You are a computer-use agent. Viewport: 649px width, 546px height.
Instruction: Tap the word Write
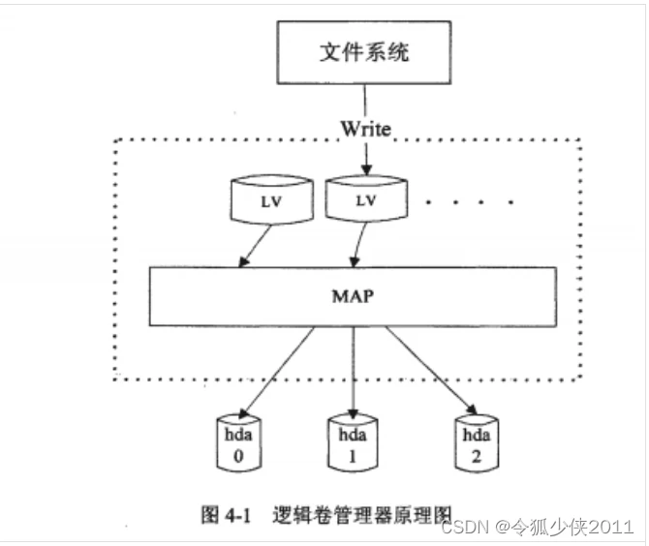tap(364, 128)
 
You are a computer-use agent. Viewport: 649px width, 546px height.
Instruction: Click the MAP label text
tap(353, 296)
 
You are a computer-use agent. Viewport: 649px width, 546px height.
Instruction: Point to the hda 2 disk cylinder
tap(475, 442)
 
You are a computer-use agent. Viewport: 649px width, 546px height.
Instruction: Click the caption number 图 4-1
tap(226, 515)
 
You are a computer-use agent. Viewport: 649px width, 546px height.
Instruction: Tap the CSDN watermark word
tap(463, 527)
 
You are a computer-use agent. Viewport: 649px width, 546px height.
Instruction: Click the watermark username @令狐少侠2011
tap(562, 527)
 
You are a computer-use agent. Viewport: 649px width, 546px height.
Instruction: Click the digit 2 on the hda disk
tap(475, 457)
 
